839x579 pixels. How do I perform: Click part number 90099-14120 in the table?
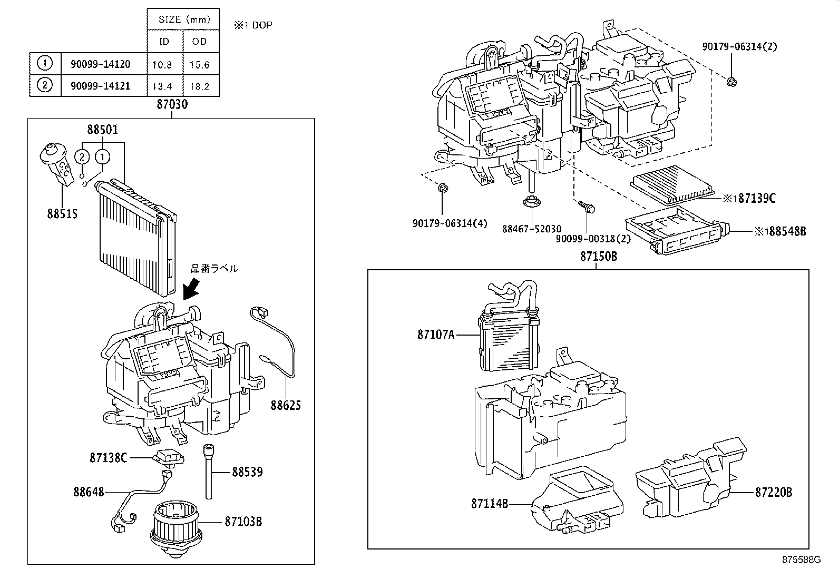[x=100, y=64]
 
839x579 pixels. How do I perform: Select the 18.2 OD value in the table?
[x=200, y=86]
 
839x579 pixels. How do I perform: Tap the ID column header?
[x=164, y=42]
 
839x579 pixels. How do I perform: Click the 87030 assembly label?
[x=172, y=105]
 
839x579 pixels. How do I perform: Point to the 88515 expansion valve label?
[x=62, y=213]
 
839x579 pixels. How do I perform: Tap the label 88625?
[x=286, y=405]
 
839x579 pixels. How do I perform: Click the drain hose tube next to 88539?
[x=210, y=472]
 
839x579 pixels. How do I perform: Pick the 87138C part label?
[x=108, y=458]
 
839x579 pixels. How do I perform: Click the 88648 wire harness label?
[x=89, y=492]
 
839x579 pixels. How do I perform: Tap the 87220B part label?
[x=774, y=493]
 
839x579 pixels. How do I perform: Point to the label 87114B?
[x=490, y=504]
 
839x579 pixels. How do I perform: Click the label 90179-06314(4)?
[x=450, y=223]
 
